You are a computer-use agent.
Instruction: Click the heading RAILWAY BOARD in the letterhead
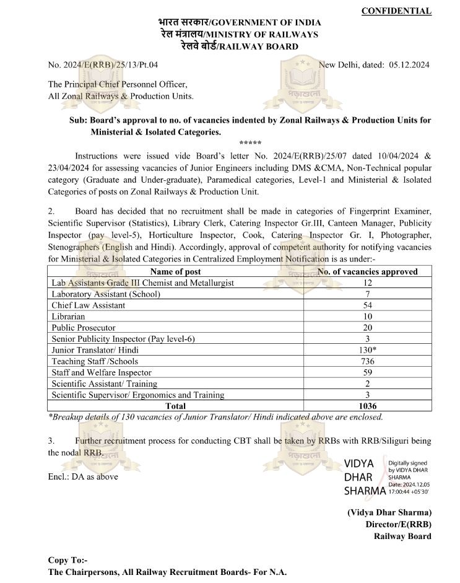(x=255, y=46)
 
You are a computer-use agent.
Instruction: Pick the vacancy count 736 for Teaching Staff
(x=367, y=361)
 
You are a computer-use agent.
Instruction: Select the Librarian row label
(x=69, y=316)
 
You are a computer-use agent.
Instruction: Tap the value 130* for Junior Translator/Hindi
(x=367, y=350)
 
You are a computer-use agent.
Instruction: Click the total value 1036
(x=367, y=406)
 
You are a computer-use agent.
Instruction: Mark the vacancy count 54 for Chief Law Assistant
(x=367, y=305)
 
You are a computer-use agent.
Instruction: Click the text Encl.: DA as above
(x=82, y=476)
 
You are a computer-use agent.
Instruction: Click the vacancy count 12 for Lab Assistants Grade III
(x=367, y=283)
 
